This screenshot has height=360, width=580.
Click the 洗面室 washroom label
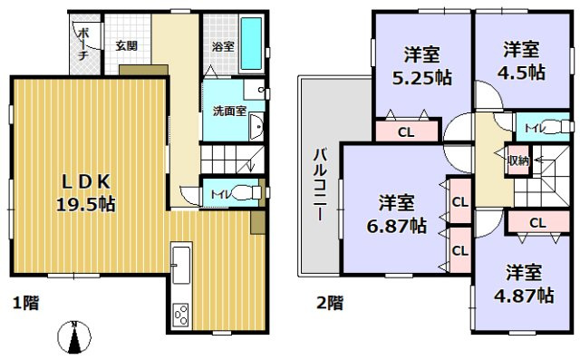click(228, 112)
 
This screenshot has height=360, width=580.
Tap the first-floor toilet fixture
click(238, 192)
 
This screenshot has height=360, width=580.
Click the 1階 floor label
click(25, 301)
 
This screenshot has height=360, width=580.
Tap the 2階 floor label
click(329, 301)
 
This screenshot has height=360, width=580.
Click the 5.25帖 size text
click(415, 77)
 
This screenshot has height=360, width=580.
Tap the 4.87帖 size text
click(529, 295)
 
